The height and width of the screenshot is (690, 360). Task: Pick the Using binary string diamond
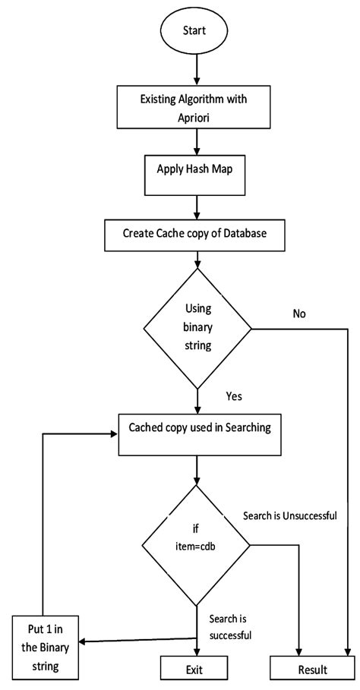pyautogui.click(x=197, y=328)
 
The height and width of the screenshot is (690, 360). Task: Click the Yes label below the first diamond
pyautogui.click(x=234, y=396)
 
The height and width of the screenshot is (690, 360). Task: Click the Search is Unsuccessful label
pyautogui.click(x=290, y=515)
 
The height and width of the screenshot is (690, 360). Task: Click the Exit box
pyautogui.click(x=194, y=669)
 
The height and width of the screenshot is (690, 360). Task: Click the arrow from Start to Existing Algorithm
pyautogui.click(x=197, y=71)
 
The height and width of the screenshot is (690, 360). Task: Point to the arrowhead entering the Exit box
pyautogui.click(x=197, y=651)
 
